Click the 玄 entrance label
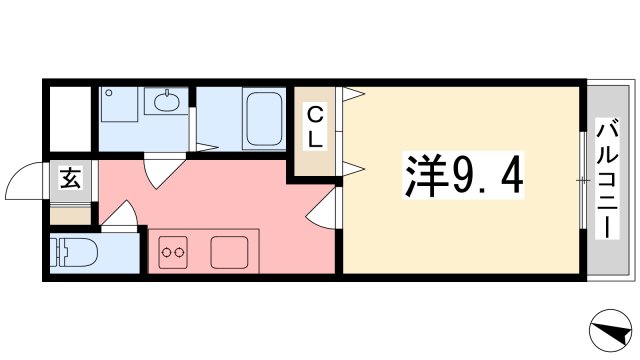[71, 180]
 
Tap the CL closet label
[315, 126]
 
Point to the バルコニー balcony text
[607, 180]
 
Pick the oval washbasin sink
[165, 101]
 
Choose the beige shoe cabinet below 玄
[71, 213]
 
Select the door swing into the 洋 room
[327, 211]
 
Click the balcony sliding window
[582, 180]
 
